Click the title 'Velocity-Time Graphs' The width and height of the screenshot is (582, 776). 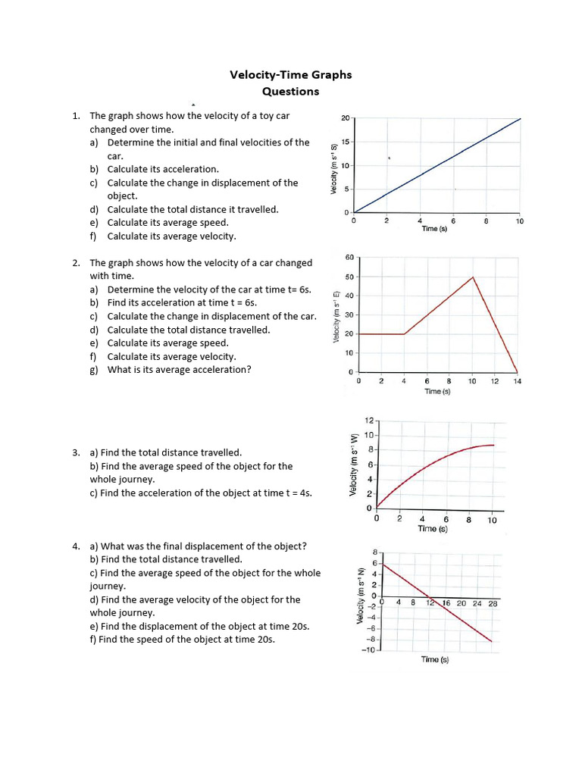pyautogui.click(x=290, y=75)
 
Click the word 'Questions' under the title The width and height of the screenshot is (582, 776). pyautogui.click(x=290, y=92)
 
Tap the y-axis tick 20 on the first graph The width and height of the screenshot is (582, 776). pyautogui.click(x=345, y=118)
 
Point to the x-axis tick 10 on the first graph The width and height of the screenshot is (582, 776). pyautogui.click(x=520, y=221)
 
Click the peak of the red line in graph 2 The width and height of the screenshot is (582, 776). pyautogui.click(x=474, y=277)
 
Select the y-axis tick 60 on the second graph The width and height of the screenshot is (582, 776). pyautogui.click(x=349, y=258)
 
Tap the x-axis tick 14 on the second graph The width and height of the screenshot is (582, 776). pyautogui.click(x=517, y=381)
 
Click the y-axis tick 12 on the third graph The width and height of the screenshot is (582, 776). pyautogui.click(x=369, y=420)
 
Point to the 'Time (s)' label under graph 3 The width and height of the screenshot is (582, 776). pyautogui.click(x=432, y=529)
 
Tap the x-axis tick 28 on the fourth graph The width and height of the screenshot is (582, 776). pyautogui.click(x=493, y=603)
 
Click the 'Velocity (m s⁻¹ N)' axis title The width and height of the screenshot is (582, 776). pyautogui.click(x=361, y=597)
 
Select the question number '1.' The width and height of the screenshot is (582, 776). pyautogui.click(x=76, y=116)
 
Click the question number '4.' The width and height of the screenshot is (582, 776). pyautogui.click(x=77, y=546)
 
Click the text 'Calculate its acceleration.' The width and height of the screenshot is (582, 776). pyautogui.click(x=163, y=169)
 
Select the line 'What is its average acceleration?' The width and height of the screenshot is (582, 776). pyautogui.click(x=180, y=370)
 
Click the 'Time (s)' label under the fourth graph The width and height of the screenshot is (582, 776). pyautogui.click(x=435, y=660)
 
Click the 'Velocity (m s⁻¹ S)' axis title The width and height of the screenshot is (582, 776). pyautogui.click(x=334, y=169)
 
